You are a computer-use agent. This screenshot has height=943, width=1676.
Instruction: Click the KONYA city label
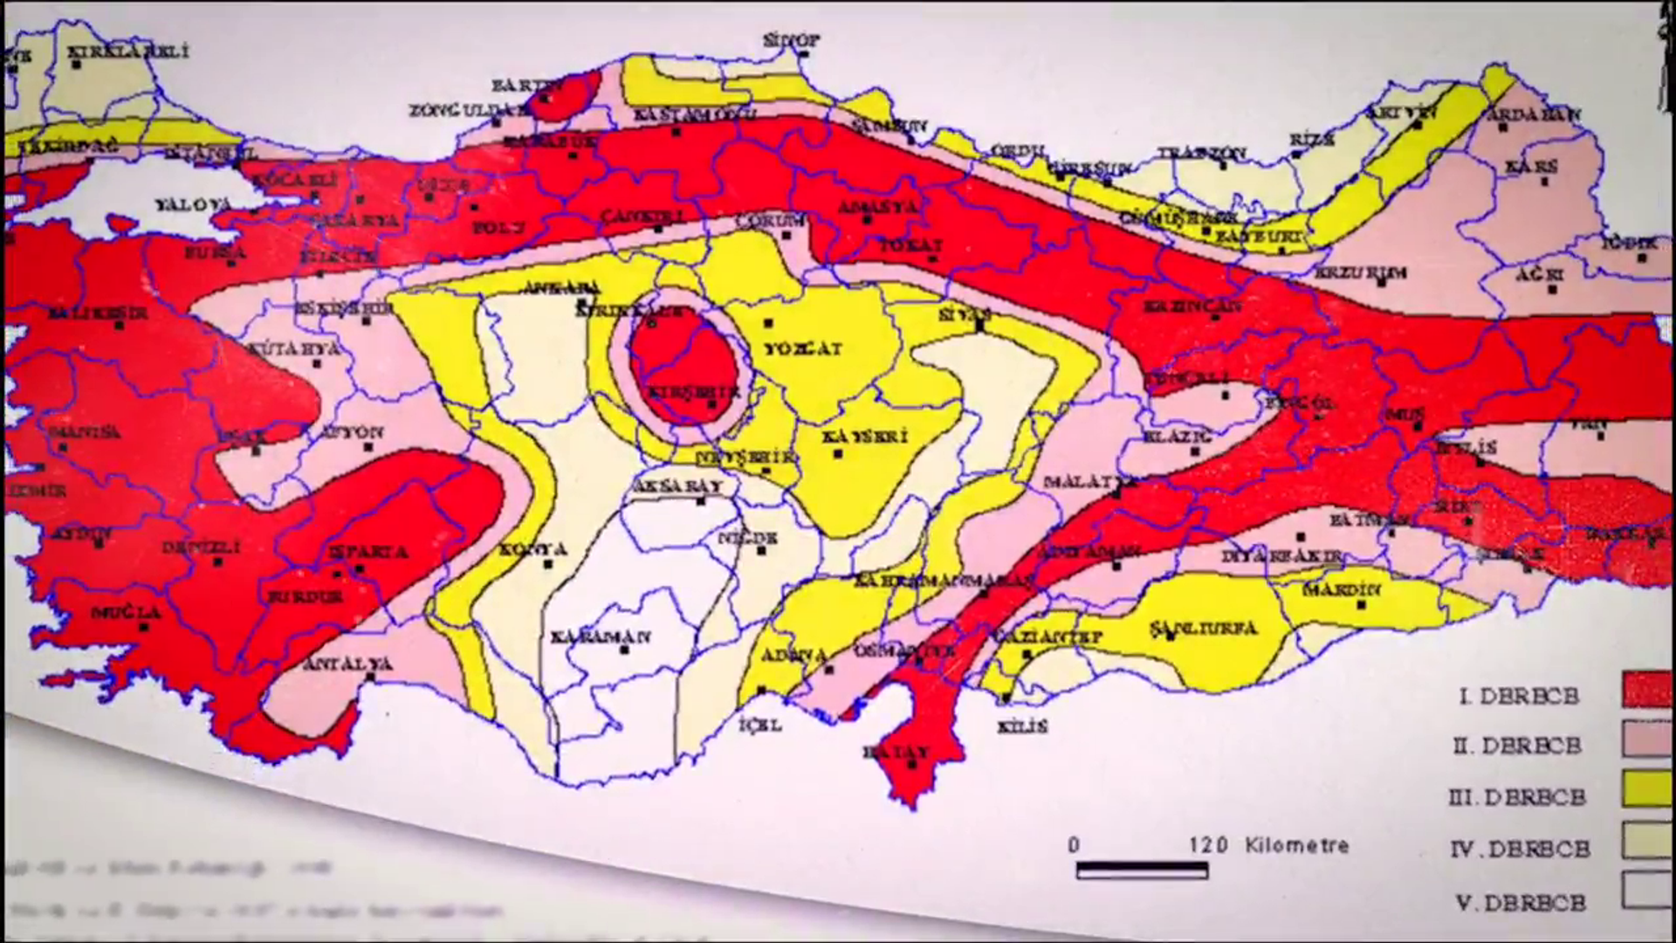click(x=533, y=550)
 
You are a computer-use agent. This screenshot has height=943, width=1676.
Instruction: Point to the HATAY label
click(x=896, y=751)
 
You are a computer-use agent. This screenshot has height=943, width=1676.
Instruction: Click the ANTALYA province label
click(x=347, y=664)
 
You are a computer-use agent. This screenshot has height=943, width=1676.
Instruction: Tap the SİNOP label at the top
click(x=792, y=40)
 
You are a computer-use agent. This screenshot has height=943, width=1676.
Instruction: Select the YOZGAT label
click(x=803, y=348)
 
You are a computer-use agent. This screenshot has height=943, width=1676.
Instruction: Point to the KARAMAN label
click(x=601, y=637)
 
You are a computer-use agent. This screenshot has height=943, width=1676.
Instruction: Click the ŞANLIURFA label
click(x=1203, y=628)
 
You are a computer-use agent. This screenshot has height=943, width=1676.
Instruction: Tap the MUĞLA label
click(x=127, y=613)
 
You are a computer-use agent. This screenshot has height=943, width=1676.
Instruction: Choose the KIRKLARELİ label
click(x=128, y=52)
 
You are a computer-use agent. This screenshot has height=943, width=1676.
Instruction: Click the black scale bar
click(x=1142, y=871)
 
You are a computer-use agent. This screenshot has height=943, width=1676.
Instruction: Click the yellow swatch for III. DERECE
click(x=1648, y=790)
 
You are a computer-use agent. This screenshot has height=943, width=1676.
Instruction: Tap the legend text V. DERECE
click(x=1520, y=902)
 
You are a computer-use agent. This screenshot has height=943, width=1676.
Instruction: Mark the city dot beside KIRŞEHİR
click(x=711, y=405)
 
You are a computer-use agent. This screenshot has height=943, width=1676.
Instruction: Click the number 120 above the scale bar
click(x=1208, y=845)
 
